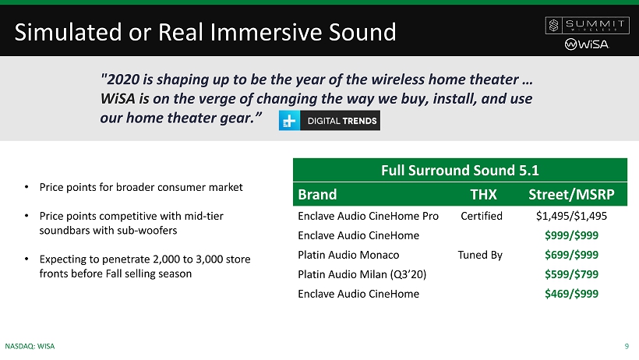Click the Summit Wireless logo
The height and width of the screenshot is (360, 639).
tap(588, 25)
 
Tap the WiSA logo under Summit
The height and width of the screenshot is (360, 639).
tap(587, 44)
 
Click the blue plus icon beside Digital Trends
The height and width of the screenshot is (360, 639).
tap(289, 121)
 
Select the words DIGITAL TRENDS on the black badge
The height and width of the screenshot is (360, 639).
tap(342, 121)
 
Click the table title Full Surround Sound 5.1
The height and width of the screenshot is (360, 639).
tap(460, 170)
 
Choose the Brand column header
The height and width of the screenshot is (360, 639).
tap(317, 195)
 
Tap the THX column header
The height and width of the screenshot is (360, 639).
tap(483, 195)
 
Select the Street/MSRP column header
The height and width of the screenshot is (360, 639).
tap(571, 195)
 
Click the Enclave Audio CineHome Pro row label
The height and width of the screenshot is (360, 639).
tap(368, 216)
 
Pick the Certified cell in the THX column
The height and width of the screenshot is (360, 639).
tap(482, 216)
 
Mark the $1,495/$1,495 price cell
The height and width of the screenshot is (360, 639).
tap(571, 216)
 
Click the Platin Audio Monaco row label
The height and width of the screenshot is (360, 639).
tap(348, 255)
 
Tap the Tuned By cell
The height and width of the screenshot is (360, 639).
tap(480, 256)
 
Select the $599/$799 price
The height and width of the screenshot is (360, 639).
tap(571, 274)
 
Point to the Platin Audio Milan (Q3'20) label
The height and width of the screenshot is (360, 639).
tap(362, 274)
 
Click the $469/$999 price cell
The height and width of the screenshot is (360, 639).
tap(571, 294)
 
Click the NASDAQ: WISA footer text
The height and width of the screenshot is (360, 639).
tap(30, 346)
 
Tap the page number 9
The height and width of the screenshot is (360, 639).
tap(627, 346)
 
